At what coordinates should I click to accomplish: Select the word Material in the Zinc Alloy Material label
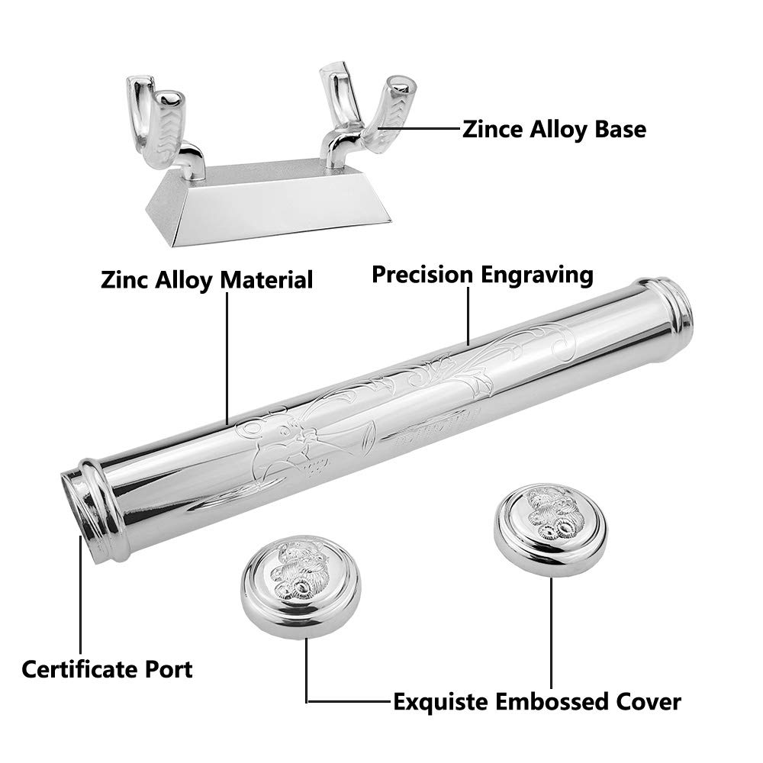click(266, 279)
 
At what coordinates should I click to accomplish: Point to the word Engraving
click(540, 275)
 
